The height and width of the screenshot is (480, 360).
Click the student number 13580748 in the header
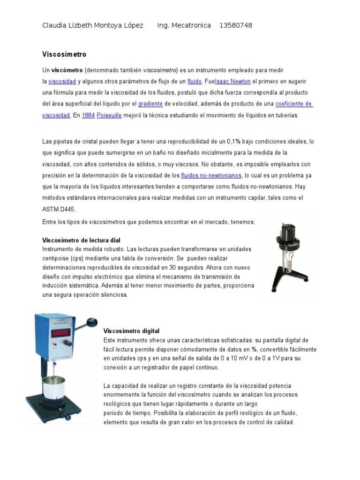[235, 25]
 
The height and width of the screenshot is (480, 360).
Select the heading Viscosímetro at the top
[65, 54]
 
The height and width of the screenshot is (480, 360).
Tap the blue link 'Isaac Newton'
[232, 81]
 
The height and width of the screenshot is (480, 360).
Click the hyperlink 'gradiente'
[150, 104]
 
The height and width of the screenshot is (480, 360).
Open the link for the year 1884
[88, 115]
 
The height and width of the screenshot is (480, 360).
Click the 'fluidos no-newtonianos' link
[211, 175]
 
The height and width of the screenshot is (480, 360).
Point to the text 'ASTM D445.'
[59, 209]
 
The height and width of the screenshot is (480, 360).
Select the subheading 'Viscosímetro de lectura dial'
[82, 240]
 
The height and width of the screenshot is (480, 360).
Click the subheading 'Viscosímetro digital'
[131, 330]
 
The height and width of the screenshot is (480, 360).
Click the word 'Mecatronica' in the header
[190, 25]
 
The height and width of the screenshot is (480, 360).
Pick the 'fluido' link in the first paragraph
[194, 81]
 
